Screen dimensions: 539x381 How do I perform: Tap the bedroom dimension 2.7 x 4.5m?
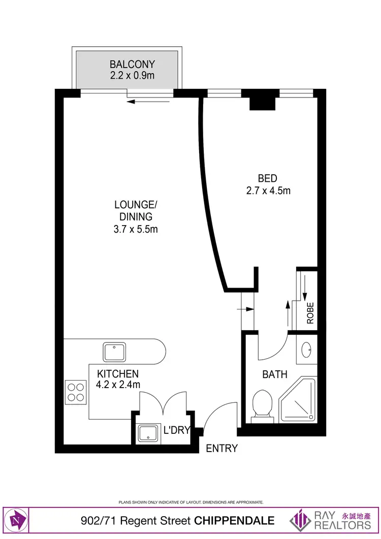pos(267,191)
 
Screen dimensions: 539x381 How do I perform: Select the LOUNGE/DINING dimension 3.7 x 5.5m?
pos(136,229)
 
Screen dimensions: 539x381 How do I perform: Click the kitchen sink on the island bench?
pos(115,351)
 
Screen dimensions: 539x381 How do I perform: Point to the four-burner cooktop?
pos(76,392)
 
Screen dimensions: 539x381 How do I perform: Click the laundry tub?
pos(148,433)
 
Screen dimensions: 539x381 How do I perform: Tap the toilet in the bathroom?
pos(263,404)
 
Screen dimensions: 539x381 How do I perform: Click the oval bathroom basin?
pos(307,350)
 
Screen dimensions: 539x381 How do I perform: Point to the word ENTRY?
pos(222,449)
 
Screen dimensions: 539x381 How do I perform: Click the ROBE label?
pos(310,313)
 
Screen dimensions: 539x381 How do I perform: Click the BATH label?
pos(275,375)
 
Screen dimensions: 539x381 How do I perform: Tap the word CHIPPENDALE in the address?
pos(235,521)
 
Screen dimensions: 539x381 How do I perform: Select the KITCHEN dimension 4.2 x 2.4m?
pos(118,385)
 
